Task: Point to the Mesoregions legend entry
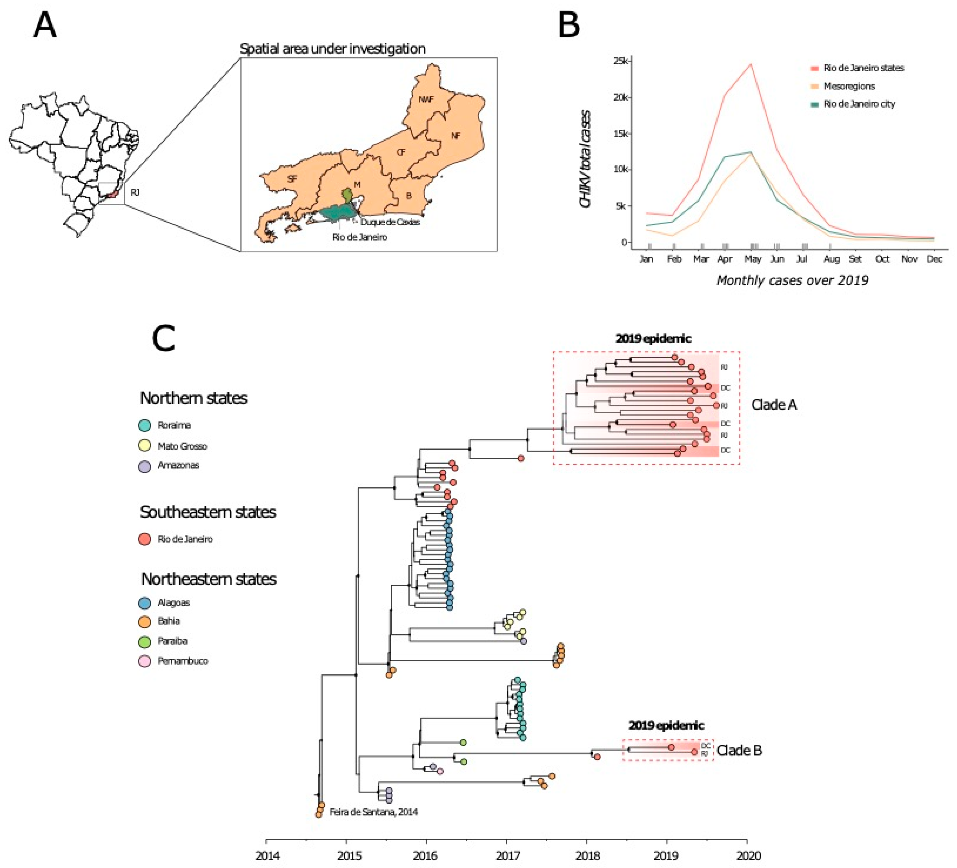849,86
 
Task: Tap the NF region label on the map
455,136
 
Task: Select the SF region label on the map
292,179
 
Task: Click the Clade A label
774,405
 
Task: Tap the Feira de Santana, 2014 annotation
373,812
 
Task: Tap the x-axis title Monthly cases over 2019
792,280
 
